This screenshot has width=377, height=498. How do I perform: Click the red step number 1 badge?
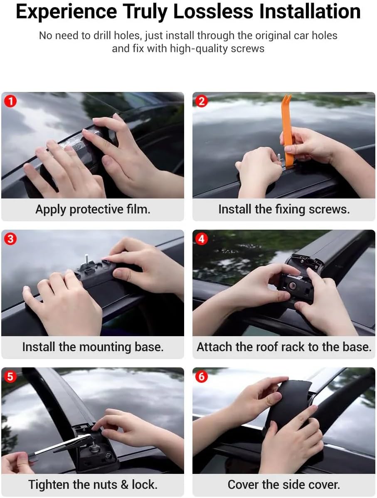pos(10,102)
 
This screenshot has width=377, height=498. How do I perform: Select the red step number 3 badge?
pos(10,239)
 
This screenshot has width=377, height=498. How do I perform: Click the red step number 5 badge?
pos(10,377)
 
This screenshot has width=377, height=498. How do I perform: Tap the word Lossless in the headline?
pos(213,11)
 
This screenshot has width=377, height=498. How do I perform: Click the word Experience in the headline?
pos(67,12)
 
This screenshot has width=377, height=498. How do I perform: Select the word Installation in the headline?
pos(310,11)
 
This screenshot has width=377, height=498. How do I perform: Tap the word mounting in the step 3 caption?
pos(105,347)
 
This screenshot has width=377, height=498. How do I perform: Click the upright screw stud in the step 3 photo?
pos(86,259)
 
